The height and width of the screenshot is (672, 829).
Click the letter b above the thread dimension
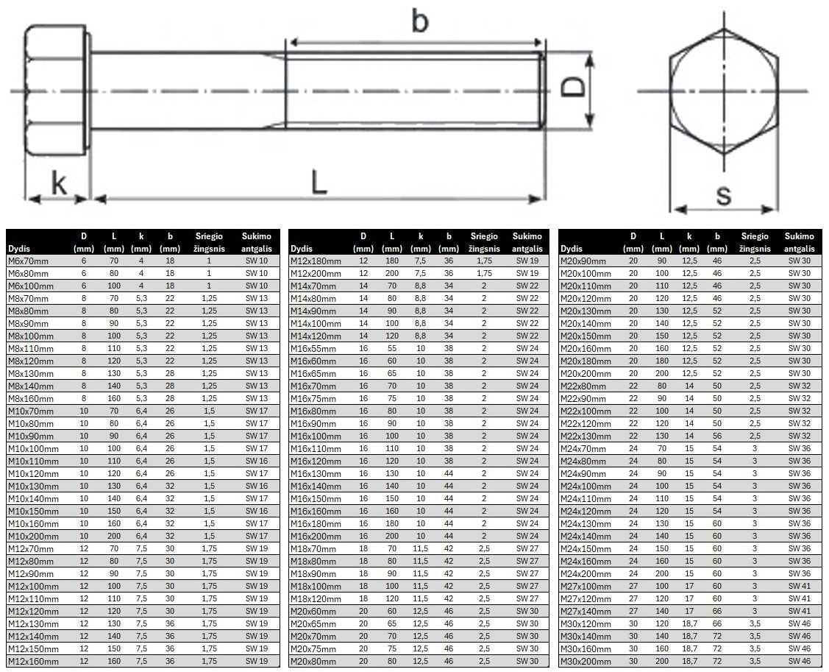tap(419, 21)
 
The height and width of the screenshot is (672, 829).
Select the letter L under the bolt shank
tap(319, 181)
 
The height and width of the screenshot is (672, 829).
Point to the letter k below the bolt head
tap(59, 183)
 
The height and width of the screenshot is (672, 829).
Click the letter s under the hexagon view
tap(724, 195)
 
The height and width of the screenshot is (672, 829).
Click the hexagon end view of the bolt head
tap(724, 91)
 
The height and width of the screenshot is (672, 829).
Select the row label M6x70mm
tap(29, 261)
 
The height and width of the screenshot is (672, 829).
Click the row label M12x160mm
tap(33, 662)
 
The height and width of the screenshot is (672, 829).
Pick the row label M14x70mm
tap(313, 286)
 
